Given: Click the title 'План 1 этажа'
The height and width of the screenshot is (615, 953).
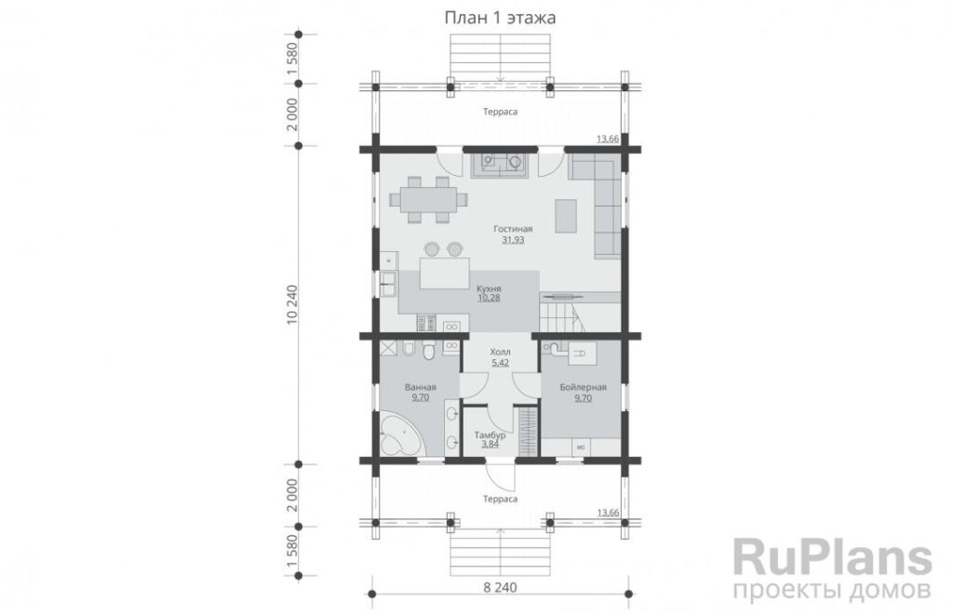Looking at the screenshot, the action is coord(500,18).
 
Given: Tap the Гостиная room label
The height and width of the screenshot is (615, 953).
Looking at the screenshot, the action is coord(513,229).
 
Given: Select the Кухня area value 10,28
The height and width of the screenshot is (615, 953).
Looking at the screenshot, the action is coord(489,299).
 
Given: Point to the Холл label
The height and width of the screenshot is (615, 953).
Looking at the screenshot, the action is coord(500,352).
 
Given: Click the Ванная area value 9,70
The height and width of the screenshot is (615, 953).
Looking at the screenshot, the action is coord(420,397).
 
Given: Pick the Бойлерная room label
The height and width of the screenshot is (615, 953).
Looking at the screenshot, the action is coord(583,387).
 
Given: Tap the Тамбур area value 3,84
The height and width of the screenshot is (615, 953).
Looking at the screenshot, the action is coord(490,444).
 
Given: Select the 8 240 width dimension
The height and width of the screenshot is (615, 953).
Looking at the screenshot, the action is coord(500,588).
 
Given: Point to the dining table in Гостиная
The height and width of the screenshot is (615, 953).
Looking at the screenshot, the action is coord(428,199).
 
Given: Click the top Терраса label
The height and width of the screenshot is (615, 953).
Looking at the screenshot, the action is coord(500,112).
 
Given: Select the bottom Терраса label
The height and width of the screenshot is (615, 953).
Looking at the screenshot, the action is coord(500,499).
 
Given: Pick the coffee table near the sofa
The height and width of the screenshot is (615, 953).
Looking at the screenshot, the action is coord(566,216).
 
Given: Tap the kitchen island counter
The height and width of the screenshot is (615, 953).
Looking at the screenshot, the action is coord(444,274).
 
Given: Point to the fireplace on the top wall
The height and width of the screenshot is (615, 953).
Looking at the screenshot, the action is coord(500,164).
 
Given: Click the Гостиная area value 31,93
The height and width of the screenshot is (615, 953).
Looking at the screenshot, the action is coord(513,240).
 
